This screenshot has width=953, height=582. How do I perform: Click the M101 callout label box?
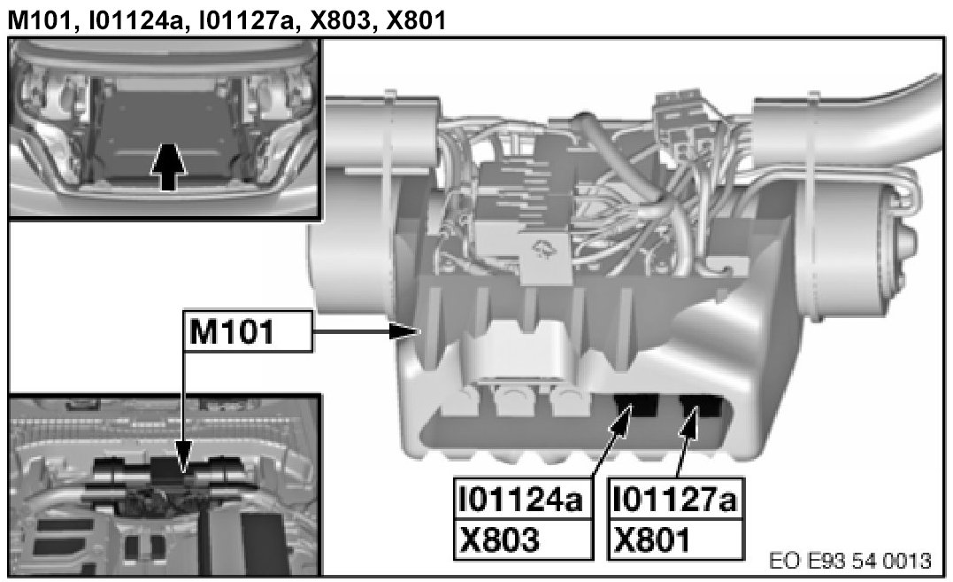click(248, 331)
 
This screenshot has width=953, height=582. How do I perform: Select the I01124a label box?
click(523, 500)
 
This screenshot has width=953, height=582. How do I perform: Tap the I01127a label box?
click(676, 500)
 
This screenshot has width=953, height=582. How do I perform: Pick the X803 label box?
click(523, 539)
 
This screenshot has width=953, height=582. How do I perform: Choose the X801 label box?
click(676, 539)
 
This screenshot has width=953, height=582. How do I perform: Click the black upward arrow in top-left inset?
click(168, 167)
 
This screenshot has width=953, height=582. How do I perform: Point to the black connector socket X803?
click(636, 406)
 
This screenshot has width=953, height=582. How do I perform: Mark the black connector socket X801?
click(701, 406)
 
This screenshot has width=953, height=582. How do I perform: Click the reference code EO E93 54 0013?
click(849, 560)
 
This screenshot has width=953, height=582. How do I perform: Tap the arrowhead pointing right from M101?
click(404, 331)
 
